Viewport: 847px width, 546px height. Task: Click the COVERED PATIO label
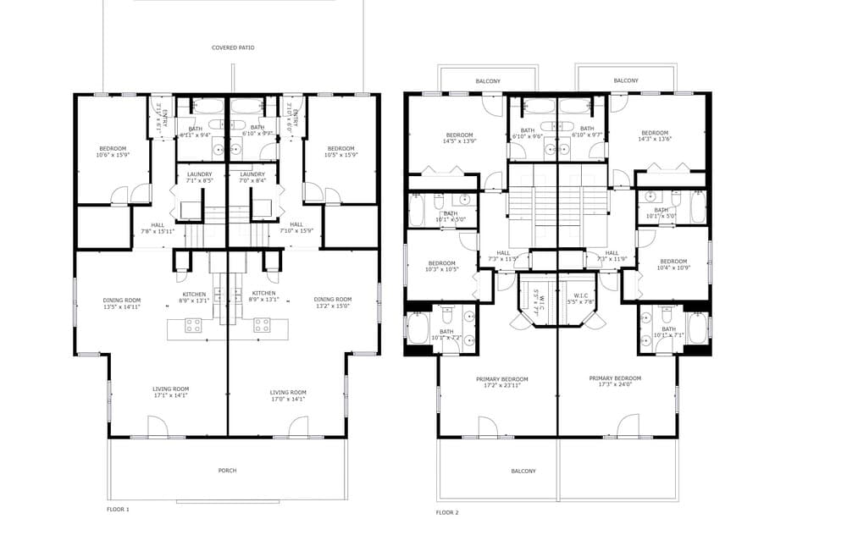click(x=233, y=48)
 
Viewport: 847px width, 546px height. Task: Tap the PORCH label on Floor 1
click(x=227, y=471)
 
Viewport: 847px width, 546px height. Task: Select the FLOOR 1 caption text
click(x=117, y=510)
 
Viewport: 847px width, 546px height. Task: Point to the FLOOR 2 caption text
click(x=447, y=512)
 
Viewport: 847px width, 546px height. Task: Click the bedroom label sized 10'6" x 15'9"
click(x=112, y=152)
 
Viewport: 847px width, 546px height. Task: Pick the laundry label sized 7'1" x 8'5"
click(x=200, y=178)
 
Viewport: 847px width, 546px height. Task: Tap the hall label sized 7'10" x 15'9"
click(x=296, y=228)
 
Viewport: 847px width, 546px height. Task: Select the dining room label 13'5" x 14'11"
click(x=121, y=304)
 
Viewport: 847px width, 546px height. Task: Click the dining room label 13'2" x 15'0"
click(x=332, y=302)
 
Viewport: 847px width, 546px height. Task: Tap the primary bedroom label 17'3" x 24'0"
click(x=615, y=382)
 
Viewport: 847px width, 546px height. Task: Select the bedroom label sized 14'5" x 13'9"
click(x=459, y=138)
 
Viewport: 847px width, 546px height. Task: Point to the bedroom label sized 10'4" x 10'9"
click(x=673, y=264)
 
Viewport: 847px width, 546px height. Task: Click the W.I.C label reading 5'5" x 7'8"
click(x=580, y=298)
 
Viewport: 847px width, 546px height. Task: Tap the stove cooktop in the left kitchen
click(x=192, y=323)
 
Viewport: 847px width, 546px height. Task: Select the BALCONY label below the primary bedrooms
click(x=523, y=472)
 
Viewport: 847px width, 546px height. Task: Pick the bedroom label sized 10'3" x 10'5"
click(x=442, y=266)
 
